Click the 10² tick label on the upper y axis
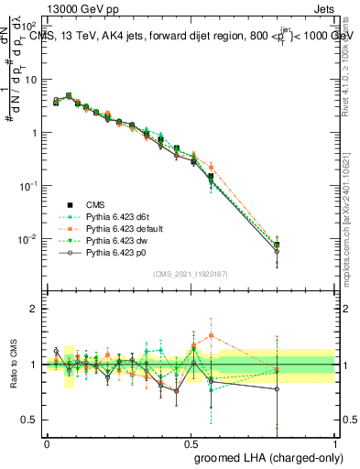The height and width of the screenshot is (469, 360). pos(27,27)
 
